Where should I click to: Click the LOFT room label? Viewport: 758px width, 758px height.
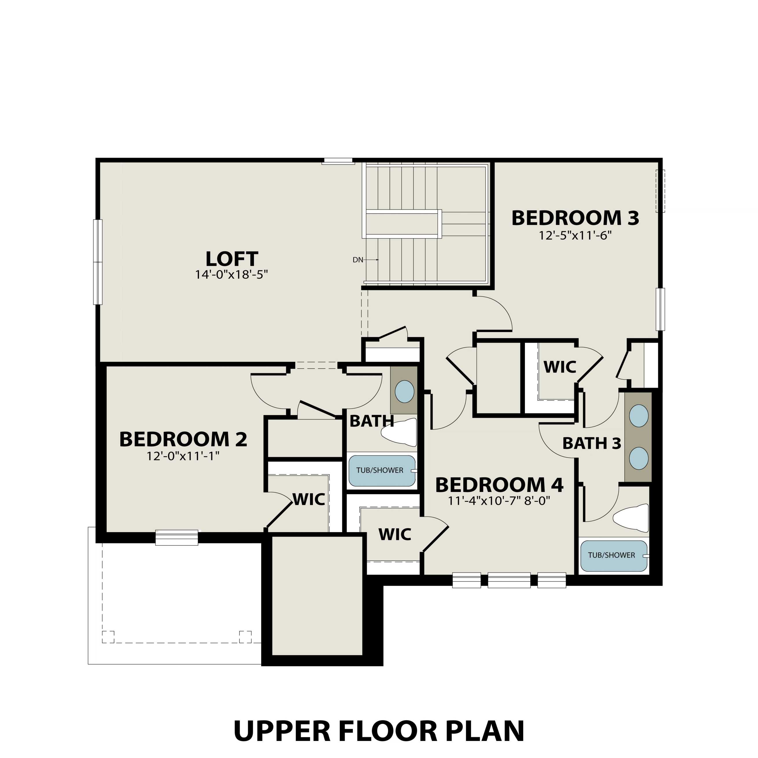pos(231,259)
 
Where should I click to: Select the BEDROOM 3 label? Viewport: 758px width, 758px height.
pos(575,218)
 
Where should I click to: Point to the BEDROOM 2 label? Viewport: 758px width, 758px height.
pos(183,439)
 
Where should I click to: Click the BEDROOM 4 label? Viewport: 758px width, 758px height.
pos(499,485)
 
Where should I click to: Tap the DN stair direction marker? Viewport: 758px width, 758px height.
pos(358,260)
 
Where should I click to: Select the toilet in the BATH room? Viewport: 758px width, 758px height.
pos(399,432)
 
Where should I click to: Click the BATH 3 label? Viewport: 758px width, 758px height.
pos(592,443)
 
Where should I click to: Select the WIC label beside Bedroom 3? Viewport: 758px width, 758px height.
pos(560,367)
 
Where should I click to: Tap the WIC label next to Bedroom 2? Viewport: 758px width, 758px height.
pos(309,499)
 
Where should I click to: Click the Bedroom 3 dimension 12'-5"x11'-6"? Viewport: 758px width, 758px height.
pos(575,235)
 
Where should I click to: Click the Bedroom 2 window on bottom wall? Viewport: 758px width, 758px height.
pos(176,538)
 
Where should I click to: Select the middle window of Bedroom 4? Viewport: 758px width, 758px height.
pos(509,580)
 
